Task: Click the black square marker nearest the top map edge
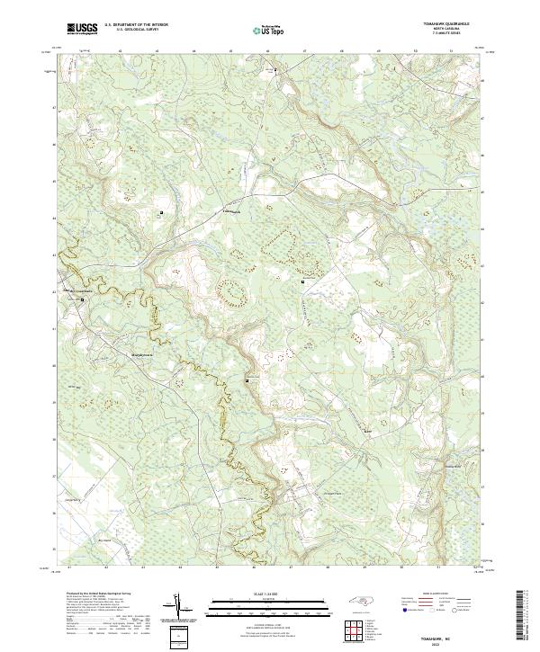(x=277, y=68)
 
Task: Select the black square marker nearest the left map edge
(x=82, y=299)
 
